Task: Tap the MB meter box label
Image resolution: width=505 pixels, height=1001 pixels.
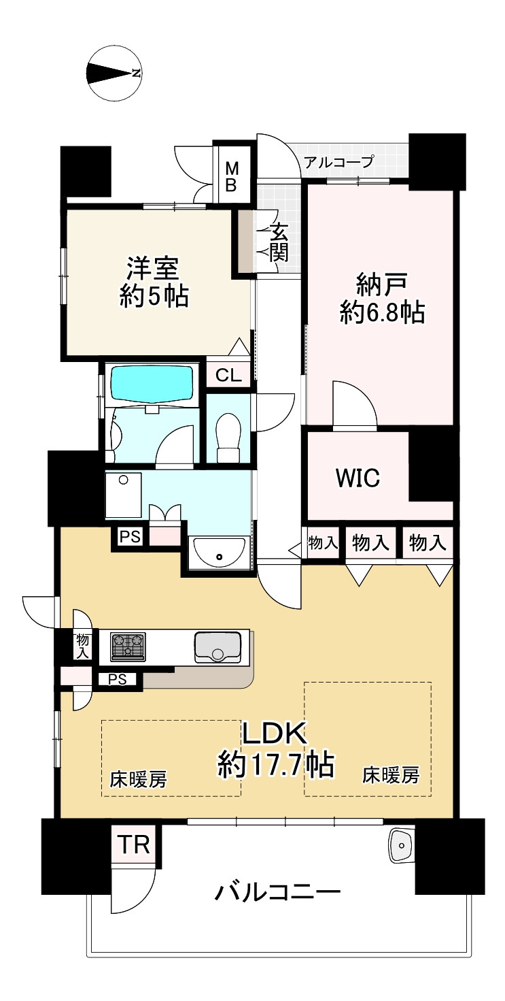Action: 232,176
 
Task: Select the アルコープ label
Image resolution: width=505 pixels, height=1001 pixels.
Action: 338,162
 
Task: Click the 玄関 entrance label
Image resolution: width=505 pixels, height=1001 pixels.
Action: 279,243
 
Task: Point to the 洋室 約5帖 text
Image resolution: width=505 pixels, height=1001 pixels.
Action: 153,282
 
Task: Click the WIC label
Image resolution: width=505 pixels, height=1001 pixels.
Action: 357,478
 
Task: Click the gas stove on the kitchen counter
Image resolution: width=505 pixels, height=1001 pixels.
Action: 128,646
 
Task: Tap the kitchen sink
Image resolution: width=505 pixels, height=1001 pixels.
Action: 217,646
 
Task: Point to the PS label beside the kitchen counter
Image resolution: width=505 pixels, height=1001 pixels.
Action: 118,678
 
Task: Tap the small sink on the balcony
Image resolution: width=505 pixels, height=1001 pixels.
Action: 401,846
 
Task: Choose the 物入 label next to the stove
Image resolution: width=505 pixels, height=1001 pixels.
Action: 83,644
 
